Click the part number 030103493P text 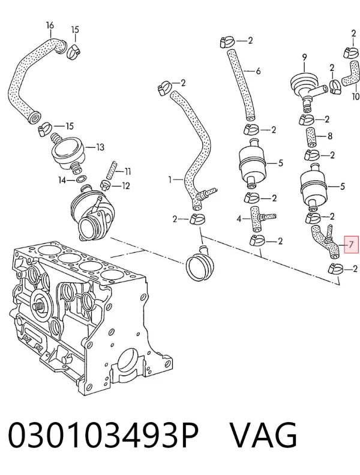tap(103, 436)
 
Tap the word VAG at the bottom tap(263, 436)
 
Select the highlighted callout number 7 tap(351, 244)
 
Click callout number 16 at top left tap(50, 25)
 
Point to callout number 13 tap(100, 148)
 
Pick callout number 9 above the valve tap(304, 57)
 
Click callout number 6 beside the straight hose tap(258, 71)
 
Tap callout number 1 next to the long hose tap(170, 180)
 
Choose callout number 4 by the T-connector tap(239, 219)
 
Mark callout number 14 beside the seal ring tap(62, 181)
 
